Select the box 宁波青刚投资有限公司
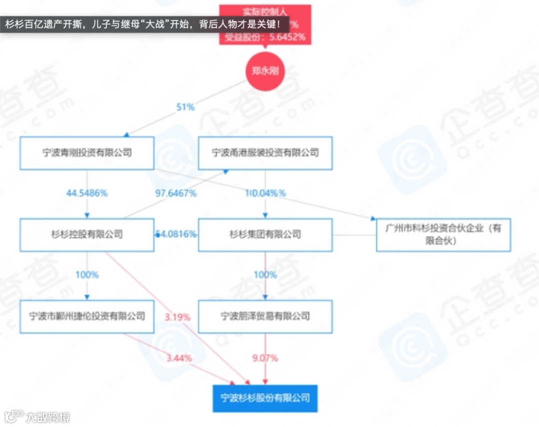87,152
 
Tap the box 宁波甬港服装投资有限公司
265,152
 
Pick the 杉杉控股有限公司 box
87,234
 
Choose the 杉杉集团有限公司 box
265,234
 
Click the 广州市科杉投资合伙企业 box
443,234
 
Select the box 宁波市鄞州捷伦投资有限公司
87,316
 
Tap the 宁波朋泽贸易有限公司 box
265,316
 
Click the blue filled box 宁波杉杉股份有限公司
265,398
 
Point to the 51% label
185,107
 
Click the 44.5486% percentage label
87,193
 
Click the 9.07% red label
265,358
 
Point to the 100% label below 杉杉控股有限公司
87,275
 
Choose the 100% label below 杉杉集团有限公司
265,275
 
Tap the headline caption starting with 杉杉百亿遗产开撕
145,23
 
